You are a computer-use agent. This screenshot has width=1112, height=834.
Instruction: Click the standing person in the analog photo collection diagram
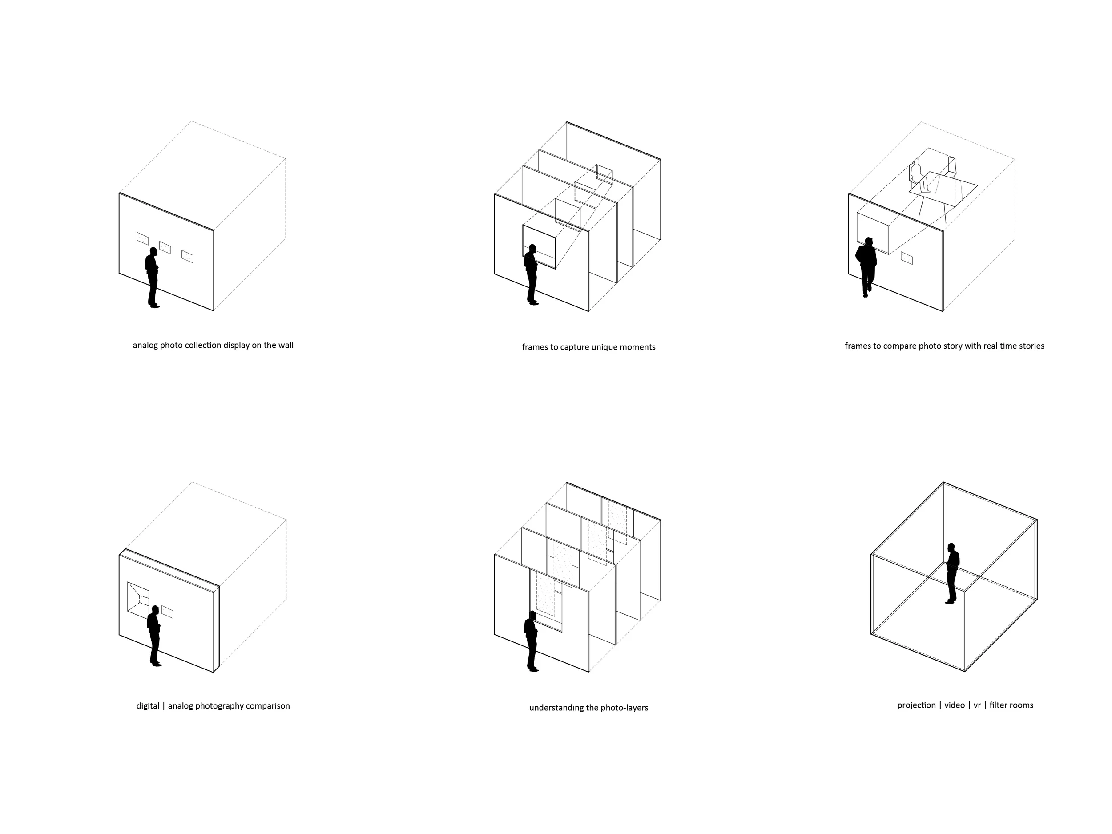(152, 277)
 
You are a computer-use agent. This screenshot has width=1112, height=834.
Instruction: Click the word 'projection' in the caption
(916, 705)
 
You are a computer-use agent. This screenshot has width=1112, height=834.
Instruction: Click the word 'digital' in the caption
(148, 706)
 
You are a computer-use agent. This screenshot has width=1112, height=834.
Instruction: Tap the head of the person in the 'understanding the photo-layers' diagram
(532, 615)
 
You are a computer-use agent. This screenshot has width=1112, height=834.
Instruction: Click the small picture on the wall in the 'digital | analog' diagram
(167, 612)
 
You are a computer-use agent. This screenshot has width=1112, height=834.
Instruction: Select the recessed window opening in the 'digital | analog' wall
(139, 599)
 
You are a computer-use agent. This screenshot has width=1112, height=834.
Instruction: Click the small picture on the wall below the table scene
(907, 258)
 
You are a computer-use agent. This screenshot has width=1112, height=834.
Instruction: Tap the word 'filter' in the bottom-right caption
(999, 705)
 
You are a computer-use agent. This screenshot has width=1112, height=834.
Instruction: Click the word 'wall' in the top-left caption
(286, 345)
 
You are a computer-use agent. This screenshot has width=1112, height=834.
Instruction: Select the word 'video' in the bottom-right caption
(955, 705)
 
